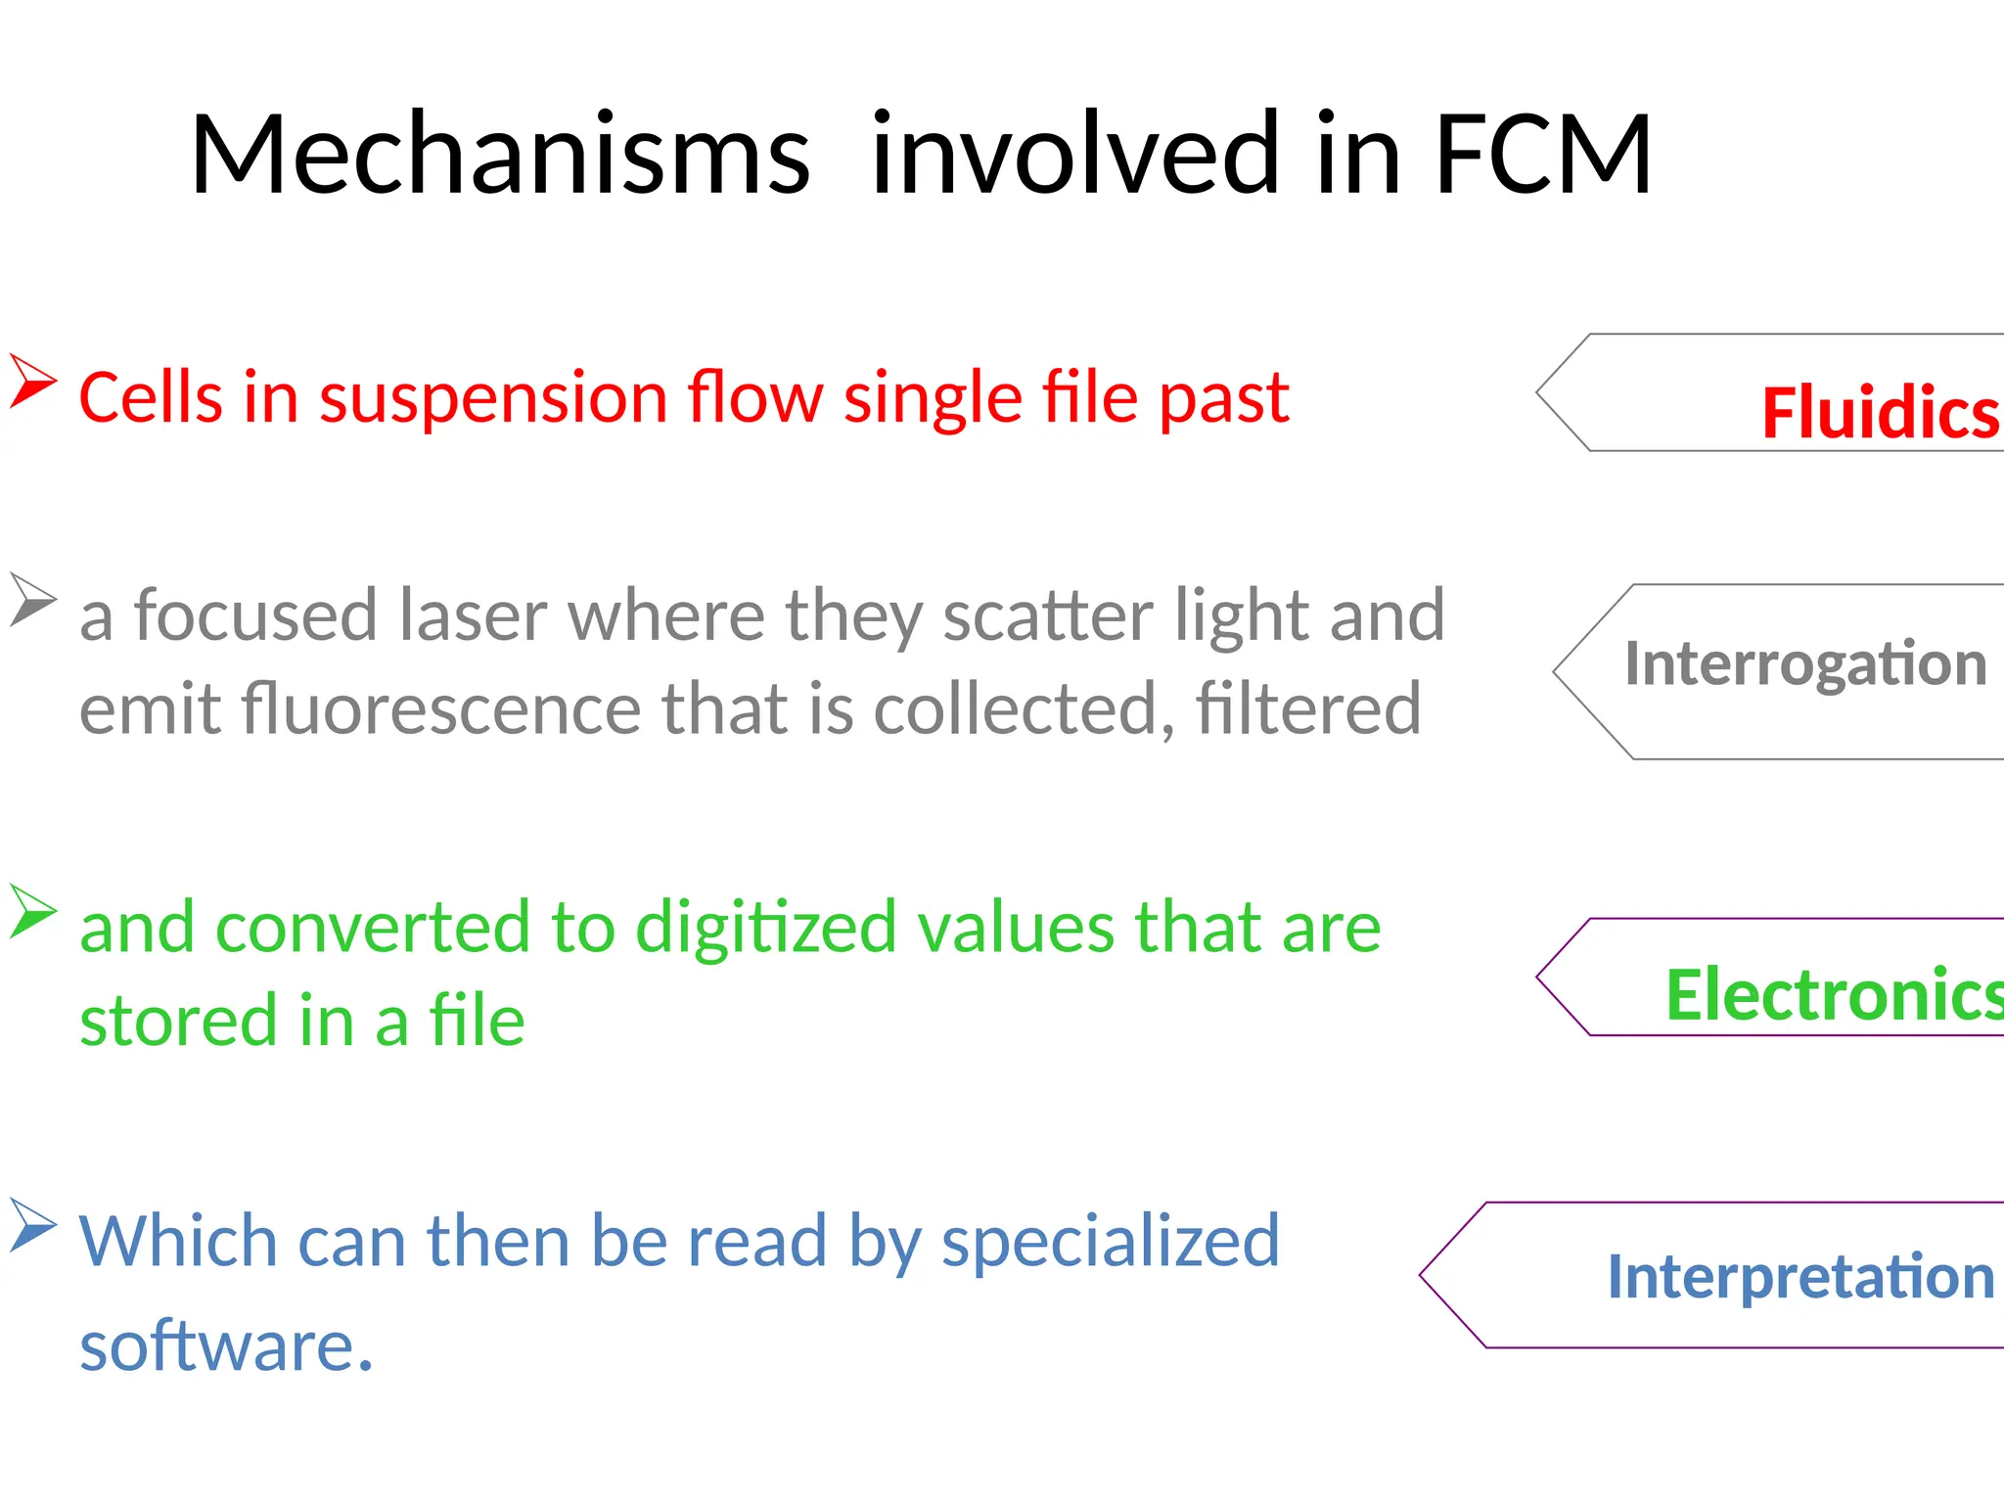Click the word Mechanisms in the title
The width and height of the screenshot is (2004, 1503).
click(x=500, y=155)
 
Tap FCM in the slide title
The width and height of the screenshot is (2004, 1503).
click(x=1543, y=155)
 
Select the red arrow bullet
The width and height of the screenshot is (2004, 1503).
click(x=32, y=382)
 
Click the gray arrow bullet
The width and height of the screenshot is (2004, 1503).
click(x=32, y=600)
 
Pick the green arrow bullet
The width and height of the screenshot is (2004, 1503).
click(x=32, y=911)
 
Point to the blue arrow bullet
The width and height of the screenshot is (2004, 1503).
click(x=32, y=1225)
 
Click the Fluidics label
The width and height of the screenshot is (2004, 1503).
click(x=1879, y=412)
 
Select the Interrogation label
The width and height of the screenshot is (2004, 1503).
click(x=1805, y=663)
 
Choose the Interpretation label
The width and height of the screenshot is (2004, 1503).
click(x=1800, y=1277)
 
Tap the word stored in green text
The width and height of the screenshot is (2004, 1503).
click(x=179, y=1021)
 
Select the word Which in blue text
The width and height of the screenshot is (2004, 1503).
click(x=178, y=1241)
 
